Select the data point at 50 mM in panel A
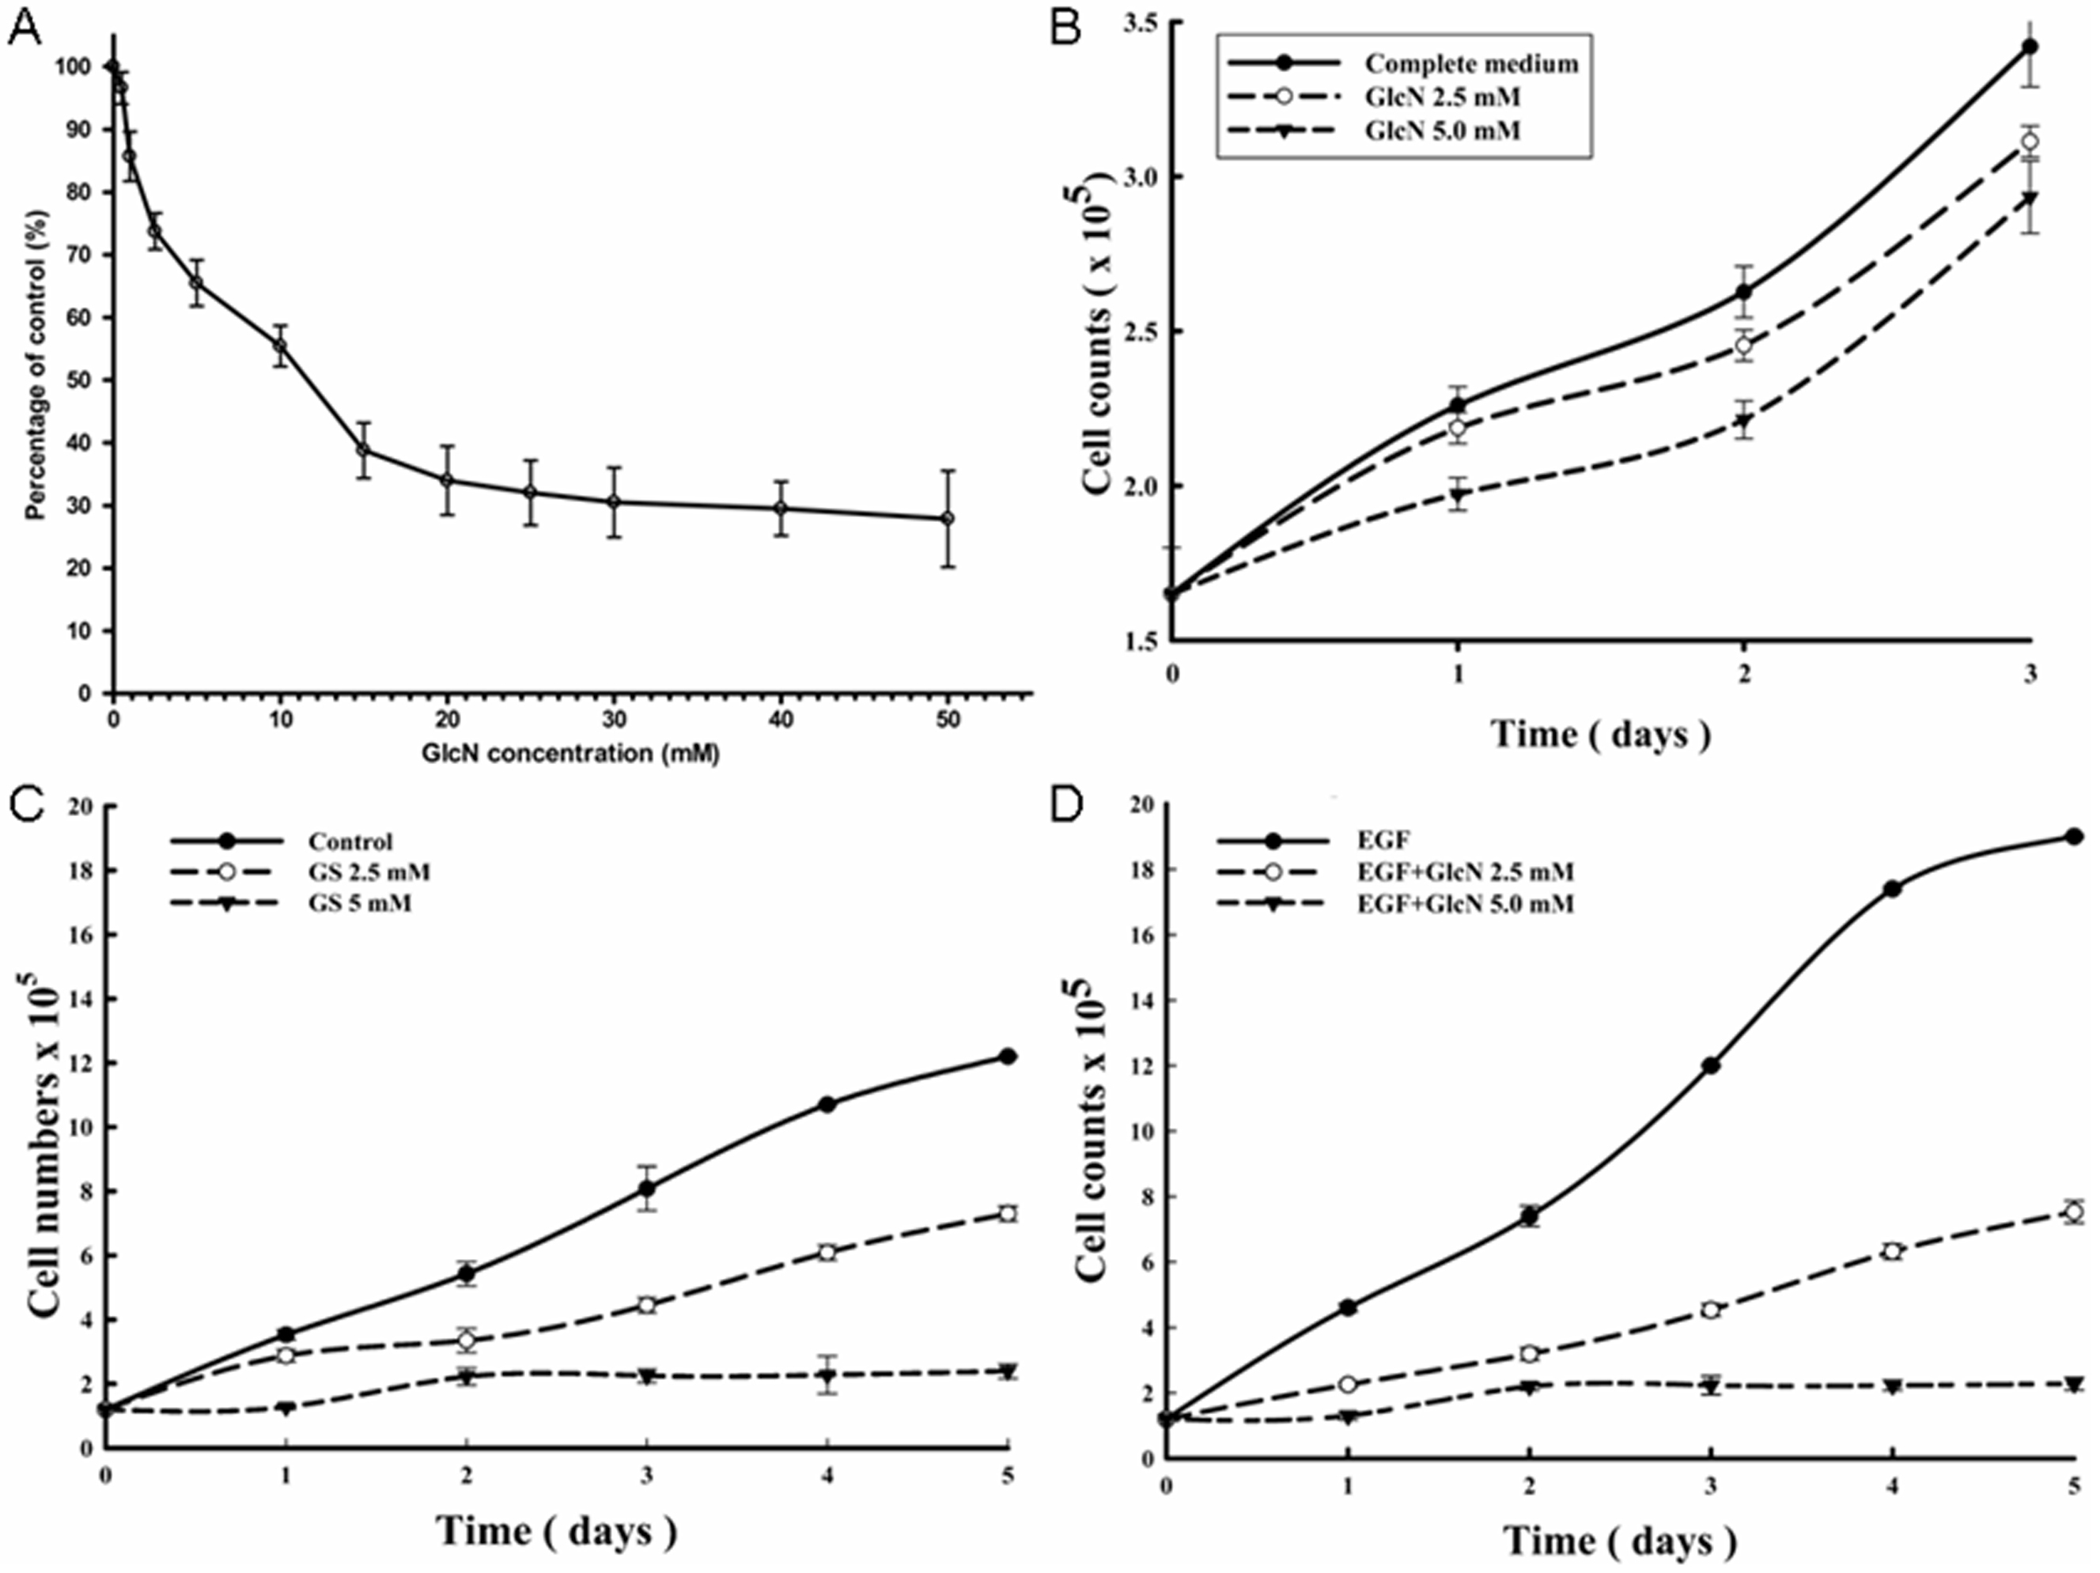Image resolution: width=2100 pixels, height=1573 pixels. click(x=947, y=518)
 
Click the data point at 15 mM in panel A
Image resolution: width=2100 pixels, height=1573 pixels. click(x=363, y=449)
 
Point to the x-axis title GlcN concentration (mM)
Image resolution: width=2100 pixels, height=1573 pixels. click(x=569, y=754)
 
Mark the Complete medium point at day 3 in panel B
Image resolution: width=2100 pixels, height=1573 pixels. click(x=2030, y=46)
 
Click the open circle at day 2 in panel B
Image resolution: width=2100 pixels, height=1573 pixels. click(x=1743, y=346)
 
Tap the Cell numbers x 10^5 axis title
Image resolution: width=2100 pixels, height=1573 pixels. click(x=46, y=1156)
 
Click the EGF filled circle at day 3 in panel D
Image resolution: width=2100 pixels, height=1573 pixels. click(x=1711, y=1066)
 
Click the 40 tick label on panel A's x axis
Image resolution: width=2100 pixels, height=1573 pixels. click(x=781, y=720)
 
